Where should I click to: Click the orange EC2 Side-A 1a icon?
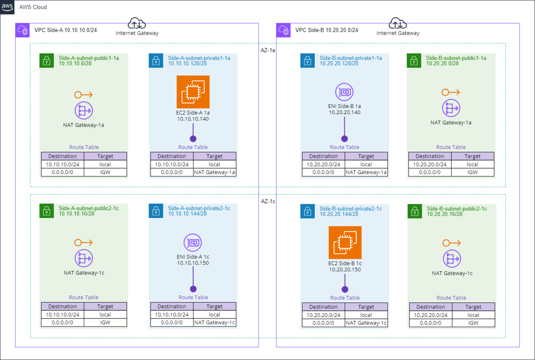pyautogui.click(x=193, y=92)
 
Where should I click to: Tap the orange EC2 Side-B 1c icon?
pyautogui.click(x=345, y=242)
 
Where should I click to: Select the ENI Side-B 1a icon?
pyautogui.click(x=344, y=92)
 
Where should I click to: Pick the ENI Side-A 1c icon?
pyautogui.click(x=193, y=243)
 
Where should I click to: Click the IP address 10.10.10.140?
pyautogui.click(x=193, y=119)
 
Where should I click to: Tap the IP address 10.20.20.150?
pyautogui.click(x=345, y=270)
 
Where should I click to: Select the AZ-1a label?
pyautogui.click(x=267, y=50)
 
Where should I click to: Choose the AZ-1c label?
pyautogui.click(x=267, y=201)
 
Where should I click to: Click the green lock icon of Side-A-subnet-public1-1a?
pyautogui.click(x=46, y=61)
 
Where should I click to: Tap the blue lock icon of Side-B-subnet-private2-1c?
pyautogui.click(x=307, y=211)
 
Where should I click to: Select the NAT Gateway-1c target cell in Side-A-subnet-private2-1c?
pyautogui.click(x=214, y=323)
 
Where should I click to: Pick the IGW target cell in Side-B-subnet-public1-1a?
pyautogui.click(x=473, y=172)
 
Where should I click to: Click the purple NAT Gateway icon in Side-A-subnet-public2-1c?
pyautogui.click(x=83, y=259)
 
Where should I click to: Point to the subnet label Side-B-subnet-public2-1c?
pyautogui.click(x=457, y=209)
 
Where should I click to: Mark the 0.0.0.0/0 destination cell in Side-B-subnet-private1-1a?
pyautogui.click(x=323, y=172)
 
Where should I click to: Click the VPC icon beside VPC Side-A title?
pyautogui.click(x=22, y=30)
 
